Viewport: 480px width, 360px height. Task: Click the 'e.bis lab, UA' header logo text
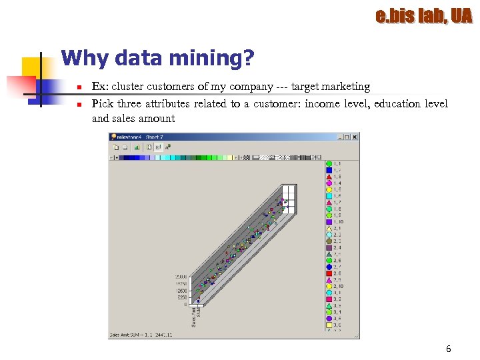click(x=423, y=15)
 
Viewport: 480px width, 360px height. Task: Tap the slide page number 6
click(x=448, y=349)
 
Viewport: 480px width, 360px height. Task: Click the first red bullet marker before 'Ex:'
click(x=79, y=87)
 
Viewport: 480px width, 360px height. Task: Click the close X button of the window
click(x=355, y=137)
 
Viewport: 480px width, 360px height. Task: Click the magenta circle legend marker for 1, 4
click(x=329, y=183)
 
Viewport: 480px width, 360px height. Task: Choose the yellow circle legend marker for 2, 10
click(x=329, y=286)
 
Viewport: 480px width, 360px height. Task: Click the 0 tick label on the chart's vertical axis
click(x=185, y=304)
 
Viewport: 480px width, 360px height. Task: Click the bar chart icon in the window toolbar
click(x=147, y=147)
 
